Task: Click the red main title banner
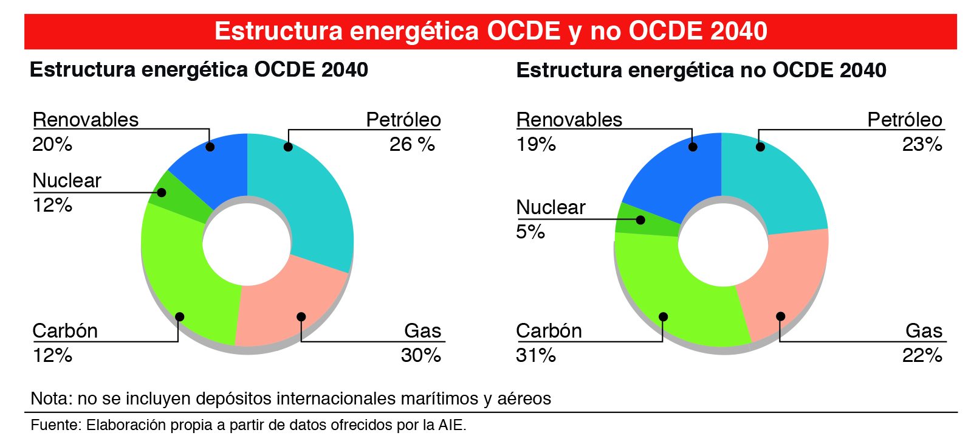click(x=490, y=31)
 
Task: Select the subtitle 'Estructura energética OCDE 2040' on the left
click(x=199, y=70)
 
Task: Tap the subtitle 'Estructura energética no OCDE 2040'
click(x=701, y=71)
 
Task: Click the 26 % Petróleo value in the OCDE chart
click(x=412, y=144)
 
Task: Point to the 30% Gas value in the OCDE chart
click(x=420, y=355)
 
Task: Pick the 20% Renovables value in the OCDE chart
click(x=52, y=144)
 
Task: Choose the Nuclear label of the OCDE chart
click(x=66, y=181)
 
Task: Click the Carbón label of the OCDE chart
click(x=65, y=331)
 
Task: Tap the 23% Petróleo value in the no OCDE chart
click(x=922, y=144)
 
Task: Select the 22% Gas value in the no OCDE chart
click(x=922, y=355)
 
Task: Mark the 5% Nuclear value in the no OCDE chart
click(x=530, y=232)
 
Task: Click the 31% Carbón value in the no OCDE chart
click(x=535, y=355)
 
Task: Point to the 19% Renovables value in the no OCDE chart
click(x=535, y=144)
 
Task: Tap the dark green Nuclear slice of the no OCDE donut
click(x=645, y=220)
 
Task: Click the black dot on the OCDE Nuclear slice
click(x=162, y=192)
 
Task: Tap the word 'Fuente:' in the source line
click(x=55, y=425)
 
